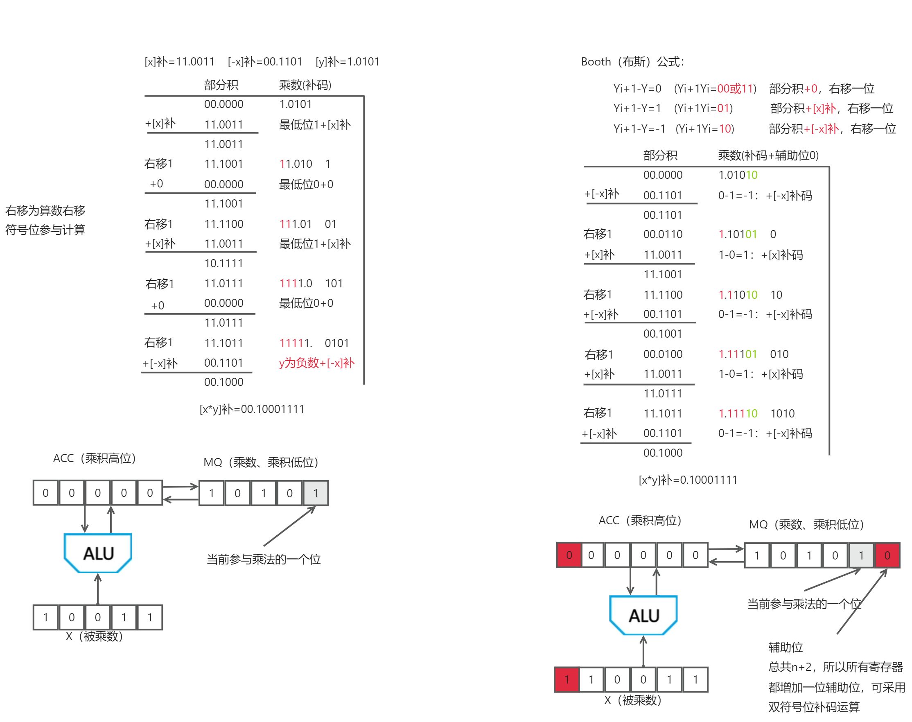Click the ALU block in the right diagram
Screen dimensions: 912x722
pyautogui.click(x=643, y=615)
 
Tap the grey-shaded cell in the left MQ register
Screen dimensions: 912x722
pyautogui.click(x=316, y=493)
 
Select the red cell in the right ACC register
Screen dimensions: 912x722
pyautogui.click(x=569, y=555)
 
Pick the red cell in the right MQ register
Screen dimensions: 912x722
pyautogui.click(x=887, y=555)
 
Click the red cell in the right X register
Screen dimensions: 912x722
pyautogui.click(x=567, y=680)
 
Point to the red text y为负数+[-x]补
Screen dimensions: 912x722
pyautogui.click(x=317, y=363)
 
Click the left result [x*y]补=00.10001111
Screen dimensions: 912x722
pyautogui.click(x=252, y=409)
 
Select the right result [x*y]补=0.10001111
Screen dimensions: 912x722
pyautogui.click(x=688, y=480)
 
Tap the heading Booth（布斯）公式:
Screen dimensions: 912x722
pyautogui.click(x=632, y=62)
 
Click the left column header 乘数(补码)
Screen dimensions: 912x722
pyautogui.click(x=305, y=85)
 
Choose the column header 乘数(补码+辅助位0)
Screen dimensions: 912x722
pyautogui.click(x=768, y=156)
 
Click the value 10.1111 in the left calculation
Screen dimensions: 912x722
pyautogui.click(x=223, y=263)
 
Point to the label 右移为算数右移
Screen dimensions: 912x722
pyautogui.click(x=45, y=210)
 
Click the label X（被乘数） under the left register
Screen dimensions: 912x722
pyautogui.click(x=94, y=636)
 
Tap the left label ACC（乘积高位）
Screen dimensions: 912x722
pyautogui.click(x=94, y=458)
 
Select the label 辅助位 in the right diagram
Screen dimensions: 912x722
pyautogui.click(x=785, y=647)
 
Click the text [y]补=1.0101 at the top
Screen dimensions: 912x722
pyautogui.click(x=347, y=62)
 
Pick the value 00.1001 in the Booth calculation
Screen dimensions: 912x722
pyautogui.click(x=663, y=334)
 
